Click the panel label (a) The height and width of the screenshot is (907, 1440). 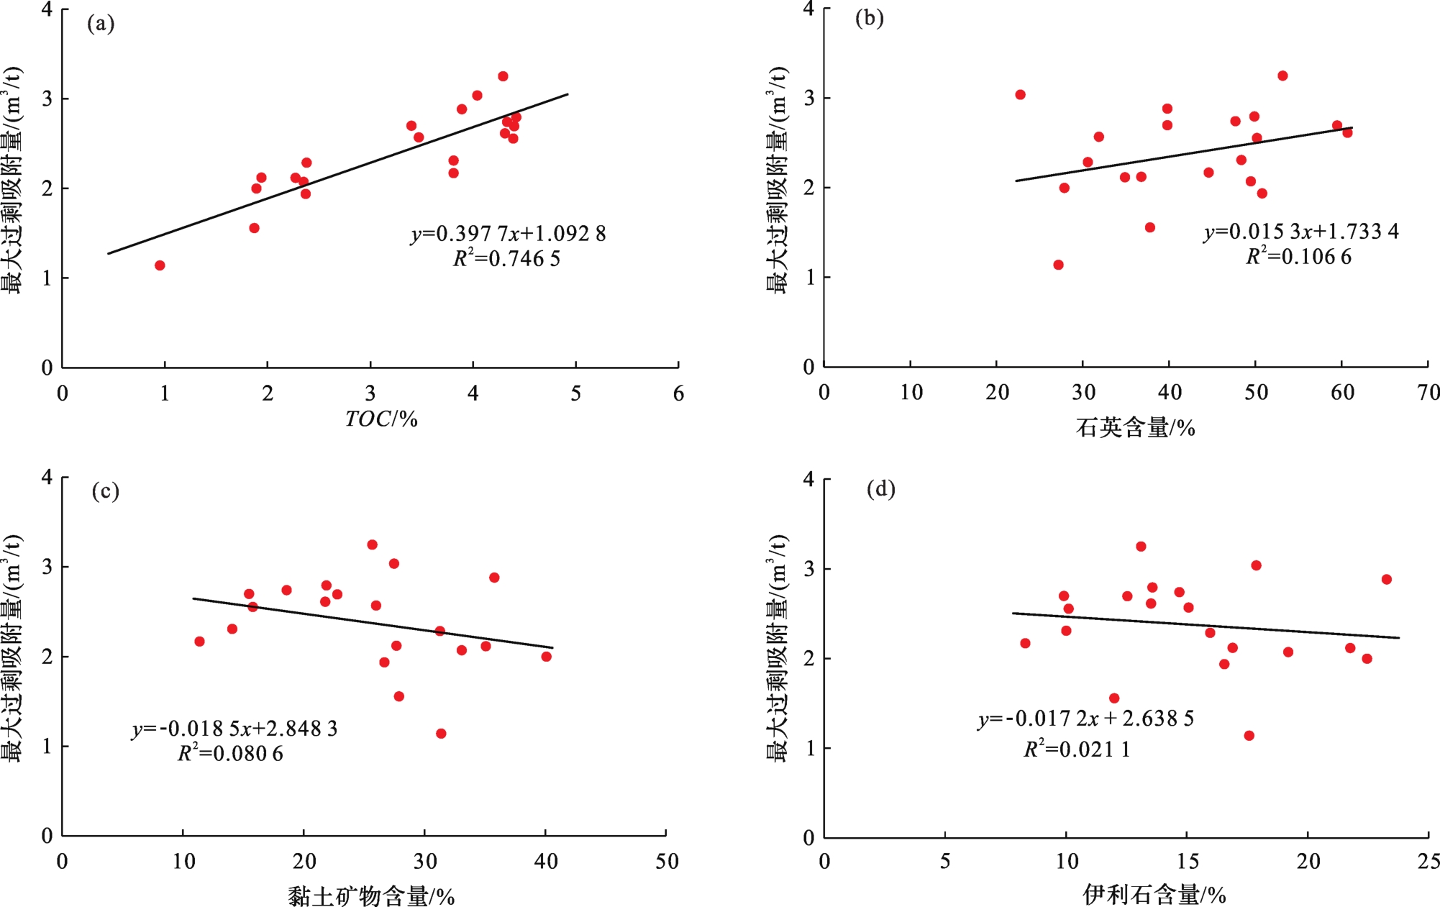(101, 24)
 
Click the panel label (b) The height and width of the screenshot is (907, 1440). (869, 18)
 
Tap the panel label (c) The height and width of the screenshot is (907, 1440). (105, 491)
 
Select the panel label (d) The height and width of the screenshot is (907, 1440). (880, 490)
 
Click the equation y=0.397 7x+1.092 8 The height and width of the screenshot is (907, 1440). (508, 234)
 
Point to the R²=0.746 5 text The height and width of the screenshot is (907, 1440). (506, 258)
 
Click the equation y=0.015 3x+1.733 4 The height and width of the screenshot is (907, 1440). (1301, 232)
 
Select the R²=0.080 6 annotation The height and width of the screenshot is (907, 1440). (230, 753)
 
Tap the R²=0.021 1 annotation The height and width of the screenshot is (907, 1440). (1077, 749)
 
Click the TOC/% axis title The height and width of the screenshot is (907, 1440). (381, 419)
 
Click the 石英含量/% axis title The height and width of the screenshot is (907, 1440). (1135, 429)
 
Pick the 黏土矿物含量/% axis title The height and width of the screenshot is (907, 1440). (371, 896)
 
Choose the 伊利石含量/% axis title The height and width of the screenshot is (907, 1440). (1154, 895)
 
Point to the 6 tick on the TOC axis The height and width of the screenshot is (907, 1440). (678, 394)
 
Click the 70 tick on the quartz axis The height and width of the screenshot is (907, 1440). (1428, 393)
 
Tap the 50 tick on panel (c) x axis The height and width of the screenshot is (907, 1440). (667, 862)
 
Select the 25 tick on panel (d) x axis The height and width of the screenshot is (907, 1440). (1428, 862)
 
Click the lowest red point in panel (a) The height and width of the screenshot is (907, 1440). (160, 265)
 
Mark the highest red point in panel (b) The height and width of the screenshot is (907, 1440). (1282, 76)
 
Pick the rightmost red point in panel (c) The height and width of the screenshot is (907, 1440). (547, 657)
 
